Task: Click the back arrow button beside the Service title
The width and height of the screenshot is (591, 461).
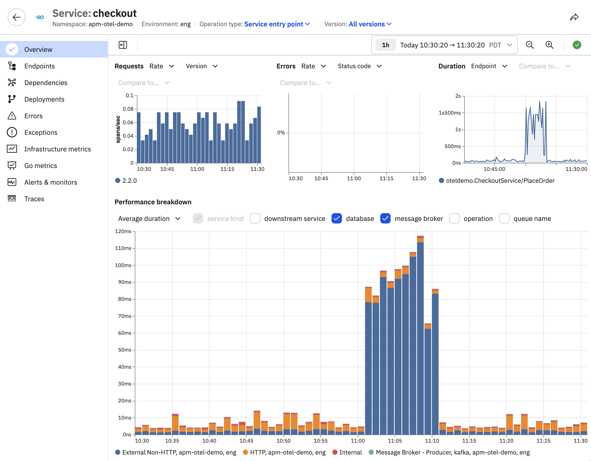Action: [x=17, y=17]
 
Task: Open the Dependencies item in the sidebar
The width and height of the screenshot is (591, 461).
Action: [x=46, y=82]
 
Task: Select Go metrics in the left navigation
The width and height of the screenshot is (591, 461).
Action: [x=41, y=166]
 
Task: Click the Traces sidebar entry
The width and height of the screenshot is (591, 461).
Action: [x=34, y=199]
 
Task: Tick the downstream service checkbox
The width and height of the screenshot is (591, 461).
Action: [x=255, y=219]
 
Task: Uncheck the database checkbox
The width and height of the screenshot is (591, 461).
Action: [x=337, y=219]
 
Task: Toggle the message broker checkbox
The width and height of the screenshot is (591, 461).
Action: [x=385, y=219]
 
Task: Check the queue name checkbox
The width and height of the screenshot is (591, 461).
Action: [x=504, y=219]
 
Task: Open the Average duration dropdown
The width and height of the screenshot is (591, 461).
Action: [x=149, y=219]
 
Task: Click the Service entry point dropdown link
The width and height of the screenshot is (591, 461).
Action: [x=277, y=24]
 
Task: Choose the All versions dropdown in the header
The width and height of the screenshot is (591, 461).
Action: [x=370, y=24]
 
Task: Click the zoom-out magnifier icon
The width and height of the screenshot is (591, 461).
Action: [x=530, y=45]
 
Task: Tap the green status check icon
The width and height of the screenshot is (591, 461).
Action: [x=577, y=45]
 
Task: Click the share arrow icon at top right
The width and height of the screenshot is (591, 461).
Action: [x=574, y=18]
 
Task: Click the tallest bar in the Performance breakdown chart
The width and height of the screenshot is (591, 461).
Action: [x=420, y=336]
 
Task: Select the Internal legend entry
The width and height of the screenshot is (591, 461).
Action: [x=347, y=452]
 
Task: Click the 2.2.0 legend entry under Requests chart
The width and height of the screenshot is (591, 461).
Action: [x=126, y=180]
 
